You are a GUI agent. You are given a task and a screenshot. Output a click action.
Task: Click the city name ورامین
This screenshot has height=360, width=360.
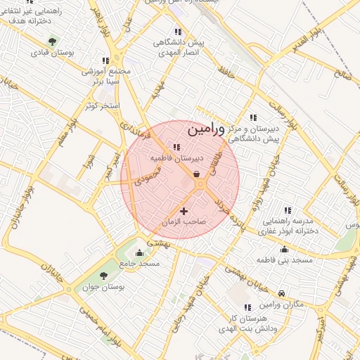pyautogui.click(x=207, y=129)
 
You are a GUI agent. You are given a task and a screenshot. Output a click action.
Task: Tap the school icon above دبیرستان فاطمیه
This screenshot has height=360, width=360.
pyautogui.click(x=176, y=148)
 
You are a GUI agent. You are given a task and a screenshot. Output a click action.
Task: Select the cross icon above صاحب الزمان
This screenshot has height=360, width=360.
pyautogui.click(x=184, y=210)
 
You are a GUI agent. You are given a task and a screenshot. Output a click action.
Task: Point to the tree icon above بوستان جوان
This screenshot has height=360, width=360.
pyautogui.click(x=104, y=276)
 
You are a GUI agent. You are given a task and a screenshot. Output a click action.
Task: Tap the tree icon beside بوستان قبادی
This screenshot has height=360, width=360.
pyautogui.click(x=53, y=41)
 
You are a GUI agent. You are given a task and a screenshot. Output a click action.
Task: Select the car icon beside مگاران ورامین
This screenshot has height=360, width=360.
pyautogui.click(x=282, y=293)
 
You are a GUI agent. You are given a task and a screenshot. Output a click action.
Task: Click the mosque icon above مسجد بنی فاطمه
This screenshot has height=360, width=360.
pyautogui.click(x=284, y=250)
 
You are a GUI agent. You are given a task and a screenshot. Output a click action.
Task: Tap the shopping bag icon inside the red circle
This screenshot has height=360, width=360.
pyautogui.click(x=195, y=174)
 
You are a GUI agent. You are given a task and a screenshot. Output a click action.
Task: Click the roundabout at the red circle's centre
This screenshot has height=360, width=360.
pyautogui.click(x=200, y=184)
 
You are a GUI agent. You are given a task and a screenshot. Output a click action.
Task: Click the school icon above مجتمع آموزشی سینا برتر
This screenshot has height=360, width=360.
pyautogui.click(x=105, y=61)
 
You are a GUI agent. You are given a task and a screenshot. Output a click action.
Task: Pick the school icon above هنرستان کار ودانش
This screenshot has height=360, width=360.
pyautogui.click(x=247, y=308)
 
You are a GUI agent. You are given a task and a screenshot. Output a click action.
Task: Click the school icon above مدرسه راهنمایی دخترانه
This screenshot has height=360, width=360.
pyautogui.click(x=287, y=210)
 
